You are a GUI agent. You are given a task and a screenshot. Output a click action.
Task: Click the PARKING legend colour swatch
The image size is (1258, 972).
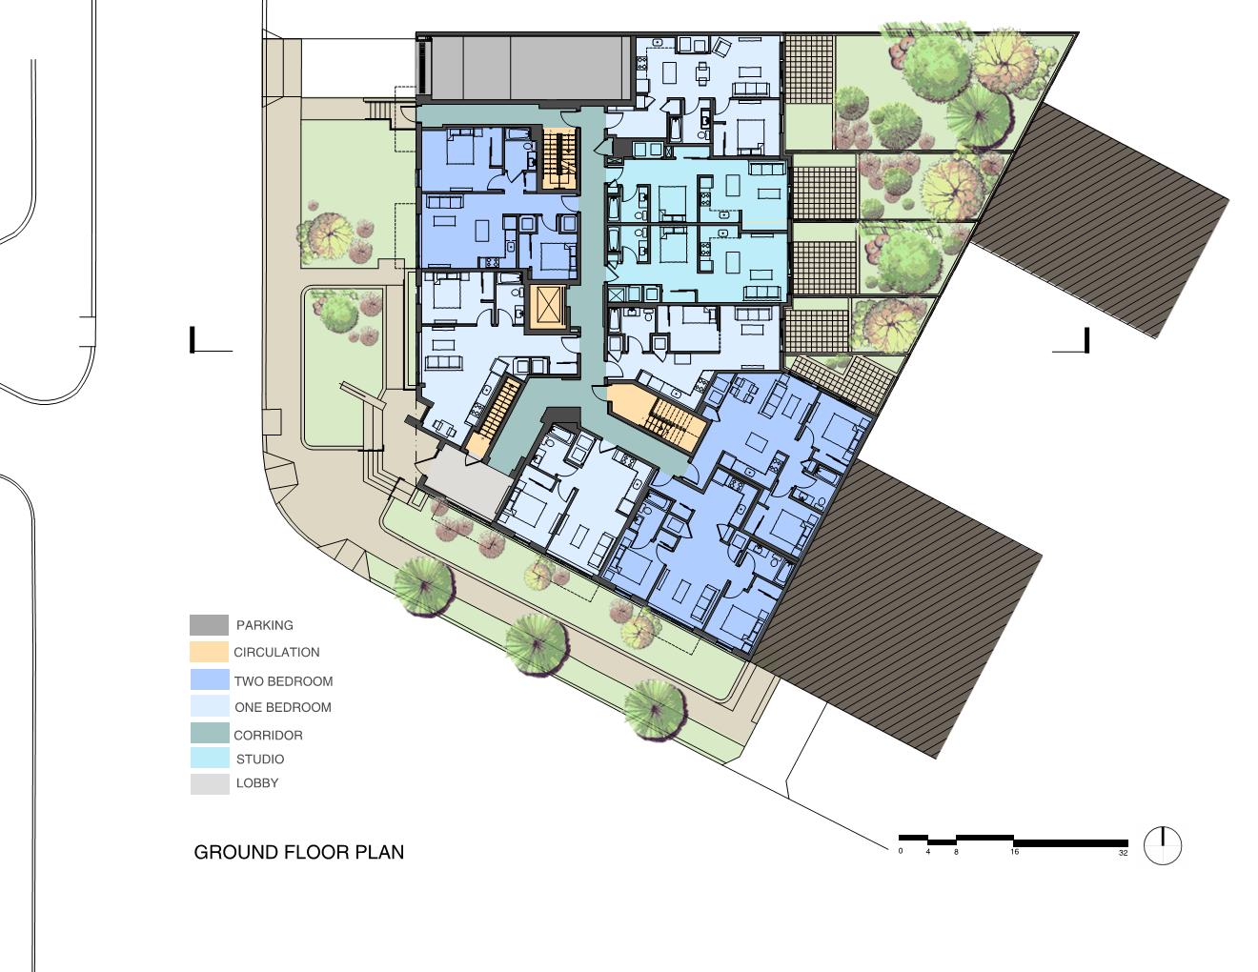click(209, 624)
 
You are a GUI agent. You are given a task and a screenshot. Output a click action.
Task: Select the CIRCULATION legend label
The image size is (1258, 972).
click(276, 652)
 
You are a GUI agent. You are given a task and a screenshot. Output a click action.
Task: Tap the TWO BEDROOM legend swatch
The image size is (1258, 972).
click(210, 679)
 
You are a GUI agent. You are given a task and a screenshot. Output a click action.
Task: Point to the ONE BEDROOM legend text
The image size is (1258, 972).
click(283, 707)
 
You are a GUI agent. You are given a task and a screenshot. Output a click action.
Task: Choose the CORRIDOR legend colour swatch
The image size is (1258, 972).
click(210, 733)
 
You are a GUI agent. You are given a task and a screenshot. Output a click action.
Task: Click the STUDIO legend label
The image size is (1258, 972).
click(260, 759)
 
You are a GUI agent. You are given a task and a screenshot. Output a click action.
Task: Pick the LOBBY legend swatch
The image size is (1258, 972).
click(210, 784)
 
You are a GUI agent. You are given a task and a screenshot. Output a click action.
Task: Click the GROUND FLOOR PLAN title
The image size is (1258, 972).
click(298, 852)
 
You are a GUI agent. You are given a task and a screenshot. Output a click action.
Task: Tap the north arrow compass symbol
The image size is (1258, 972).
click(1163, 846)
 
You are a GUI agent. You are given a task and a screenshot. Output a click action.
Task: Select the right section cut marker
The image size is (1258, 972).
click(1070, 340)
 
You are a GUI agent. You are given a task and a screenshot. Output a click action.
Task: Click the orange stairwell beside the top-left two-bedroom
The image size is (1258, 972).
click(559, 158)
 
